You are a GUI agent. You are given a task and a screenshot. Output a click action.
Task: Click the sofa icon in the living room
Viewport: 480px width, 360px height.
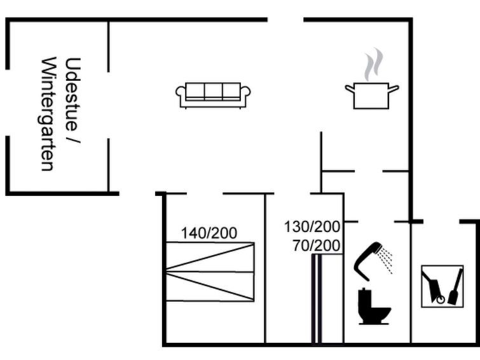click(x=213, y=95)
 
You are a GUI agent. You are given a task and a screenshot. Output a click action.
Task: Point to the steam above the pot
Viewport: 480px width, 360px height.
click(x=373, y=64)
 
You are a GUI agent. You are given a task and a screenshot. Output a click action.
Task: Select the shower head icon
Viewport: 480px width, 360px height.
click(x=367, y=261)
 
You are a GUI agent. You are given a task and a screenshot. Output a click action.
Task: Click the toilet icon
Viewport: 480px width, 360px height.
click(x=373, y=306)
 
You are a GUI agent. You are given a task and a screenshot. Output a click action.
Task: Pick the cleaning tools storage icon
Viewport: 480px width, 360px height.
click(x=442, y=286)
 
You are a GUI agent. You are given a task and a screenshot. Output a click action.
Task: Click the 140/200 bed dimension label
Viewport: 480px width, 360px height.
click(x=209, y=233)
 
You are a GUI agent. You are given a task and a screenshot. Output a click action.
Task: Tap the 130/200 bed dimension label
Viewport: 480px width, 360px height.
click(x=312, y=226)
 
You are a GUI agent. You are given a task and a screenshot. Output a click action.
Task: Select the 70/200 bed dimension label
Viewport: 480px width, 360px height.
click(x=316, y=246)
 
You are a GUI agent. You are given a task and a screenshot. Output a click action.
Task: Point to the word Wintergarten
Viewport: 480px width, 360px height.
click(x=48, y=114)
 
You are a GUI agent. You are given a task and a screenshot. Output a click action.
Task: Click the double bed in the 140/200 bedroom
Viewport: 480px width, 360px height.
click(x=210, y=272)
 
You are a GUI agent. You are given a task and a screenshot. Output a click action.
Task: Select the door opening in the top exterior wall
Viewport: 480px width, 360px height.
click(x=285, y=20)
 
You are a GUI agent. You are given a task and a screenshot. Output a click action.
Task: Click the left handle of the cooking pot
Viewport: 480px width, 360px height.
click(x=350, y=88)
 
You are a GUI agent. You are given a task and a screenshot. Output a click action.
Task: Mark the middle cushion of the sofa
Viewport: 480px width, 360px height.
click(x=214, y=91)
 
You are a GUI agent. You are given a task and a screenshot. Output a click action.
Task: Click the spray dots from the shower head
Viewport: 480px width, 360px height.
click(x=386, y=260)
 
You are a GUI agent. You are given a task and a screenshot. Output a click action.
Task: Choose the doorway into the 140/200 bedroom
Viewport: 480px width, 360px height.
click(x=205, y=193)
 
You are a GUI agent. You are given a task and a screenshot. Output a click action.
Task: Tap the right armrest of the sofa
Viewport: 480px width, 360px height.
click(x=245, y=92)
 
